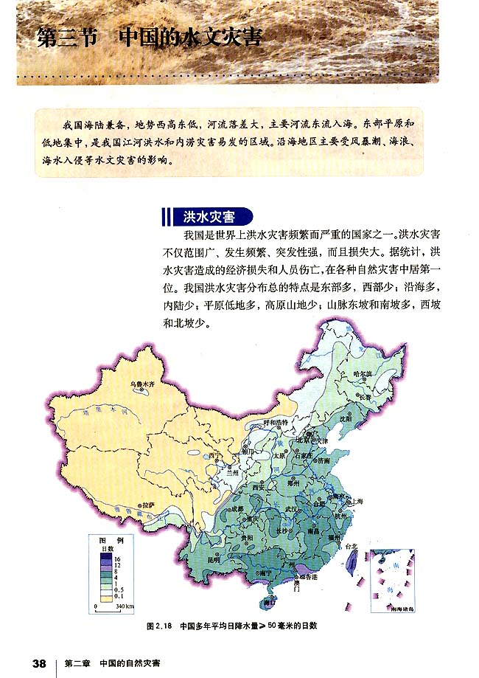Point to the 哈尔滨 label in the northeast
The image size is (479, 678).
pyautogui.click(x=364, y=373)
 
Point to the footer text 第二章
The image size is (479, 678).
pyautogui.click(x=77, y=662)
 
